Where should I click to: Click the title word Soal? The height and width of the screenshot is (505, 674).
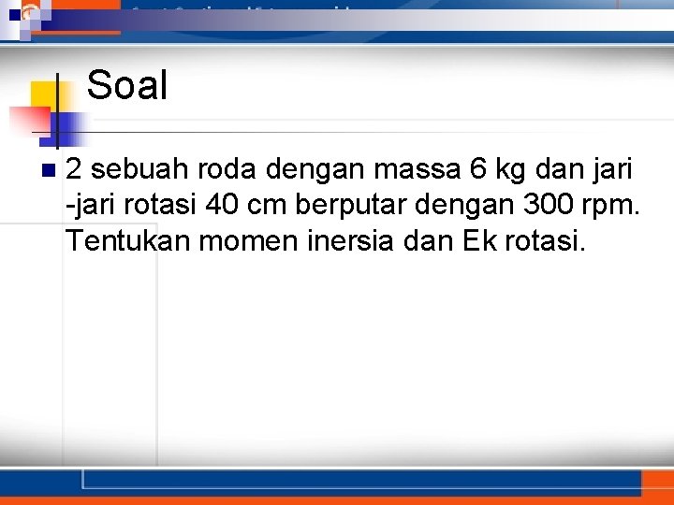pos(126,87)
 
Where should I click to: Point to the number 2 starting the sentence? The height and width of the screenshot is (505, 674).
pos(75,170)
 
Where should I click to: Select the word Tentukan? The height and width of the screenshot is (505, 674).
pos(125,242)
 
